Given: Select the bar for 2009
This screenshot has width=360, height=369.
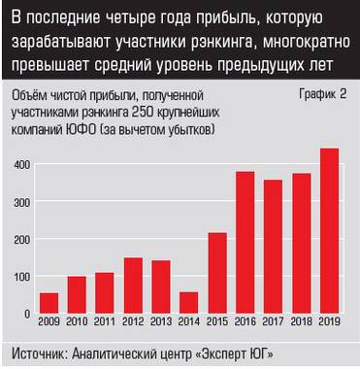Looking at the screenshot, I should (49, 303).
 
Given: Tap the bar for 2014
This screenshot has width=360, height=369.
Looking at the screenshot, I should (189, 303).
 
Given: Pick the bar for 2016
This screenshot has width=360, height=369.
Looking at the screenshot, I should (245, 243).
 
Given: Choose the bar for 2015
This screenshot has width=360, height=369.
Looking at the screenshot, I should (217, 273).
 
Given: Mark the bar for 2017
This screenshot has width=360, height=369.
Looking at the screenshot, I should (273, 247).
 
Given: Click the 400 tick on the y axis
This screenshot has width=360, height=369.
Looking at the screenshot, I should (18, 165).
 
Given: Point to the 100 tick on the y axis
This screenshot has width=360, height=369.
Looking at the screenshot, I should (18, 277).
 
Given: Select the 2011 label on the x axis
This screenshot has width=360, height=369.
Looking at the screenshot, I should (105, 322).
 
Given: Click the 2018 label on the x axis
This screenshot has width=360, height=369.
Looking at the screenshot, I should (301, 322).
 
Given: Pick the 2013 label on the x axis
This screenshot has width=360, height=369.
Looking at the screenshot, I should (161, 322).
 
